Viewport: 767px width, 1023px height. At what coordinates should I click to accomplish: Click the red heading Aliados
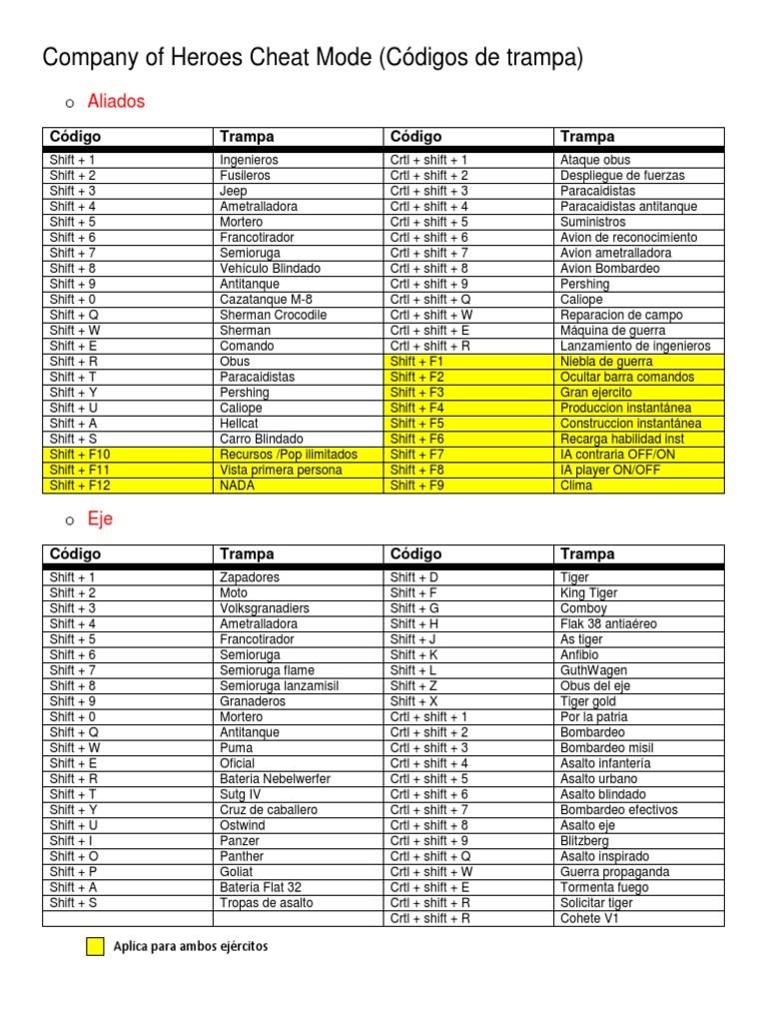(x=116, y=101)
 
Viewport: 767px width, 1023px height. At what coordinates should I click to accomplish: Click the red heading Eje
(x=100, y=519)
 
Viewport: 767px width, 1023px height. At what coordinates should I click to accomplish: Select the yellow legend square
(x=95, y=947)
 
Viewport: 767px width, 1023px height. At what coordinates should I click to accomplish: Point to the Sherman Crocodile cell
(x=273, y=315)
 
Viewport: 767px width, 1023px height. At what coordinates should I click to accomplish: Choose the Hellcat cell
(x=240, y=424)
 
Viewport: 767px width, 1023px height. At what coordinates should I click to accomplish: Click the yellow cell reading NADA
(x=238, y=486)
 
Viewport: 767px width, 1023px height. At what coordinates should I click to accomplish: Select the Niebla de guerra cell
(x=606, y=362)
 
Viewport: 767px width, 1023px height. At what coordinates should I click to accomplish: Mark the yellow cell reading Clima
(x=576, y=486)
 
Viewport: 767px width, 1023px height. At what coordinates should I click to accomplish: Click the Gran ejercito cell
(x=596, y=393)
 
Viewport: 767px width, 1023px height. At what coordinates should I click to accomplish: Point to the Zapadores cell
(x=250, y=577)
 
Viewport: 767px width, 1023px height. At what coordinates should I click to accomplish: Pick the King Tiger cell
(x=589, y=593)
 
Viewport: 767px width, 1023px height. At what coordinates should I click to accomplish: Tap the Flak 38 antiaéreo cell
(x=609, y=624)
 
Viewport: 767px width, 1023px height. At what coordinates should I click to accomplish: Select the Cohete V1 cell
(x=590, y=918)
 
